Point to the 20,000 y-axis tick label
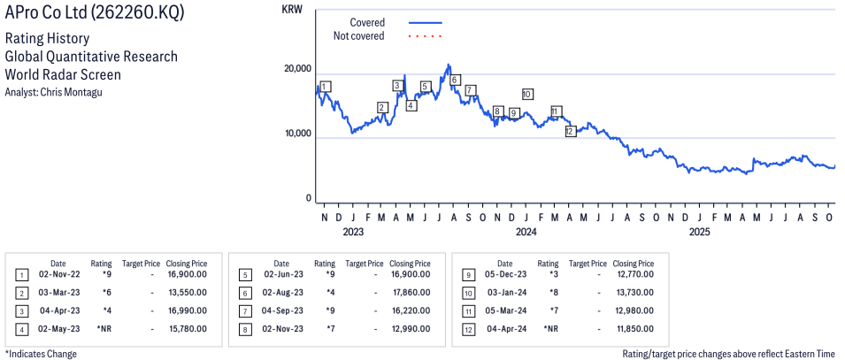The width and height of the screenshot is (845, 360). (x=296, y=69)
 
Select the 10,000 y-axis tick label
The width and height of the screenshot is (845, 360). (x=296, y=134)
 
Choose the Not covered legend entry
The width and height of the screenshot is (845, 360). (x=358, y=36)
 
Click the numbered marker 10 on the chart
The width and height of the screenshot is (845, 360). (x=527, y=94)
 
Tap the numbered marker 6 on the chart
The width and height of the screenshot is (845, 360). (x=455, y=80)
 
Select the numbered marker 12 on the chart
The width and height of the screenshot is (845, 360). (x=570, y=131)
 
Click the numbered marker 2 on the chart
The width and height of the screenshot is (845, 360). (x=382, y=108)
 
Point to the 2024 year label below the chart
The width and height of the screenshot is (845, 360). (x=526, y=234)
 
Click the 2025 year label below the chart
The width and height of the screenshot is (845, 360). (x=700, y=234)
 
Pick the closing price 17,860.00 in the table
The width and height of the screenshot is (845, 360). (x=411, y=292)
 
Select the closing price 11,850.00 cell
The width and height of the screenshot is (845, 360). (x=634, y=328)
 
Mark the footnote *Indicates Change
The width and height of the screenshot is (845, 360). (x=41, y=354)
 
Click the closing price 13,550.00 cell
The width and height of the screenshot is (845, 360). (x=187, y=292)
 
